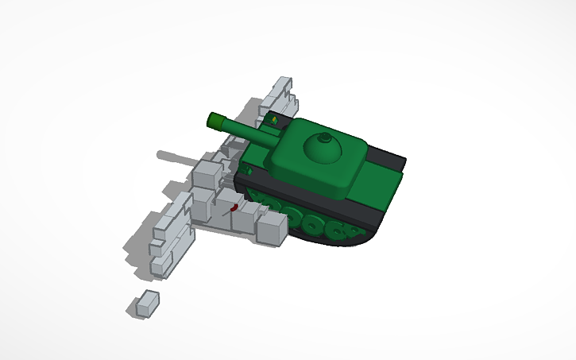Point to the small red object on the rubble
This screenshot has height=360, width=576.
point(234,208)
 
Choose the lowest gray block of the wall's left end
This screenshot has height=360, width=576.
point(160,267)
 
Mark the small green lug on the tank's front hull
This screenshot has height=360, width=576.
point(249,170)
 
